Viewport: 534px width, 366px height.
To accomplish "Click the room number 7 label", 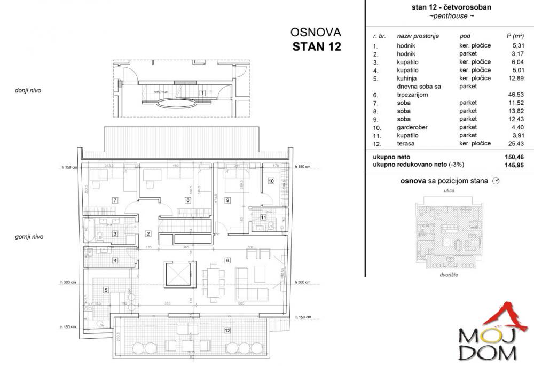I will [115, 200].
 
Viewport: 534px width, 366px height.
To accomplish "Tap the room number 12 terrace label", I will [228, 331].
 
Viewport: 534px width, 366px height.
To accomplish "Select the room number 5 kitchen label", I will [106, 290].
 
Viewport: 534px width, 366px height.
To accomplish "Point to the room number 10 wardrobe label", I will [271, 181].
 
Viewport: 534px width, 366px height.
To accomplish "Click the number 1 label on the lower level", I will [202, 92].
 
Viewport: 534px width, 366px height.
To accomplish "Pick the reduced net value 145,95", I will [515, 166].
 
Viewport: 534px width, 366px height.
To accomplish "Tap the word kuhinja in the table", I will [407, 78].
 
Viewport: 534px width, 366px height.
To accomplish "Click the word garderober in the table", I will [412, 127].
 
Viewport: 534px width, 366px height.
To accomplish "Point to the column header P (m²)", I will [515, 36].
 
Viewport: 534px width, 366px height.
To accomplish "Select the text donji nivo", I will [28, 90].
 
